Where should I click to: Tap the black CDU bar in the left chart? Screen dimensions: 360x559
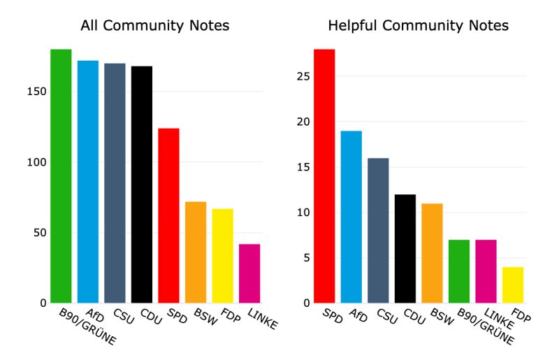(x=142, y=185)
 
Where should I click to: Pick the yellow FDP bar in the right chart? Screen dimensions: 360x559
(x=512, y=285)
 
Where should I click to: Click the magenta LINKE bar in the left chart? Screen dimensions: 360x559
(x=249, y=273)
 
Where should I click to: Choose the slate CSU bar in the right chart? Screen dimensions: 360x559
(x=378, y=231)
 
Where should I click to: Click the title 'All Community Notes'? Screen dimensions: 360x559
(x=155, y=26)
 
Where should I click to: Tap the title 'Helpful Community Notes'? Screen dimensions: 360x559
(x=419, y=26)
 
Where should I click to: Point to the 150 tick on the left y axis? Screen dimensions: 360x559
(x=38, y=92)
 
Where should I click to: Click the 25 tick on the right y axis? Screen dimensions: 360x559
(x=300, y=76)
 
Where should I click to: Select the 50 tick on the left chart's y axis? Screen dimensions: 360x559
(x=41, y=233)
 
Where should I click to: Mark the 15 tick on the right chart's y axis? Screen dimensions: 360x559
(x=300, y=167)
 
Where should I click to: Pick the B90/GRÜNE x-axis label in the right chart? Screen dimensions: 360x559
(x=486, y=329)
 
